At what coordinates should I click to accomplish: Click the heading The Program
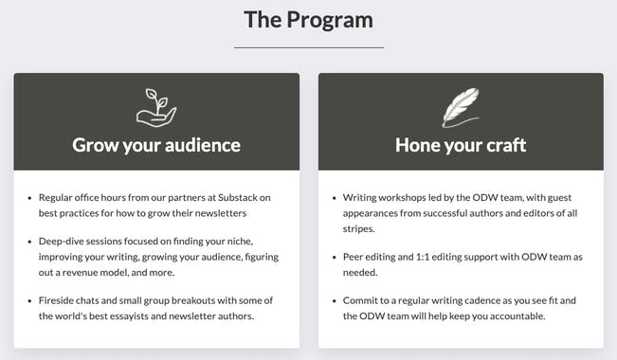pyautogui.click(x=308, y=19)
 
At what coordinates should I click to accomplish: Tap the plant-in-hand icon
pyautogui.click(x=156, y=107)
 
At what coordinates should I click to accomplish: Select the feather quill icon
pyautogui.click(x=461, y=107)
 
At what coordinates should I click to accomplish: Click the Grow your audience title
pyautogui.click(x=156, y=145)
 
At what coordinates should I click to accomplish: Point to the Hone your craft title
pyautogui.click(x=461, y=145)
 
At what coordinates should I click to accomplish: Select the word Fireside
pyautogui.click(x=59, y=300)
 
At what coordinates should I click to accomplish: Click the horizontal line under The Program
pyautogui.click(x=308, y=46)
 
